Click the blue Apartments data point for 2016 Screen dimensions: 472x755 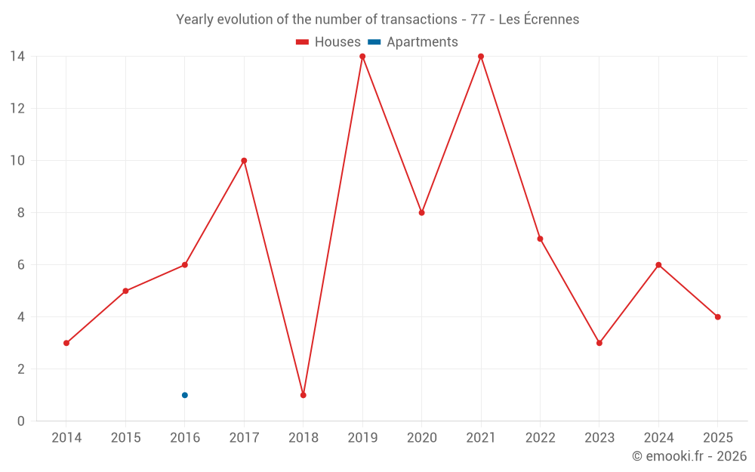pyautogui.click(x=185, y=395)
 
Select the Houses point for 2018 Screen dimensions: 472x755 pyautogui.click(x=304, y=395)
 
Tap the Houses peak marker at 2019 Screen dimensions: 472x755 pyautogui.click(x=362, y=57)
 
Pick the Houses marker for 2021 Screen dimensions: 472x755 pyautogui.click(x=481, y=57)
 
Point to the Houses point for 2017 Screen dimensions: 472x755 pyautogui.click(x=244, y=161)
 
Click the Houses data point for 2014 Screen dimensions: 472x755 pyautogui.click(x=66, y=343)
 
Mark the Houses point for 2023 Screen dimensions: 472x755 pyautogui.click(x=599, y=343)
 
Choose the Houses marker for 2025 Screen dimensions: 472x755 pyautogui.click(x=718, y=317)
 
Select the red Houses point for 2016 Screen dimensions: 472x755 pyautogui.click(x=185, y=265)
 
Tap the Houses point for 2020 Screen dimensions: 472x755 pyautogui.click(x=422, y=213)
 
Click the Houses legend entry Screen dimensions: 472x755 pyautogui.click(x=328, y=42)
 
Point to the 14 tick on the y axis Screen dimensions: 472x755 pyautogui.click(x=17, y=56)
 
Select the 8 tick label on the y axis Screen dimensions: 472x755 pyautogui.click(x=21, y=213)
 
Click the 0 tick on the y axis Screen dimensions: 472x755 pyautogui.click(x=21, y=421)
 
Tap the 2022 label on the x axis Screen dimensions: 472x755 pyautogui.click(x=540, y=438)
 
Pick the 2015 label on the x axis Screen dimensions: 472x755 pyautogui.click(x=125, y=438)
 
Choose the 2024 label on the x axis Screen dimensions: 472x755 pyautogui.click(x=658, y=438)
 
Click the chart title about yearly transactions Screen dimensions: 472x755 pyautogui.click(x=377, y=20)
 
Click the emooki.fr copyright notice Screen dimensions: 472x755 pyautogui.click(x=689, y=456)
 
